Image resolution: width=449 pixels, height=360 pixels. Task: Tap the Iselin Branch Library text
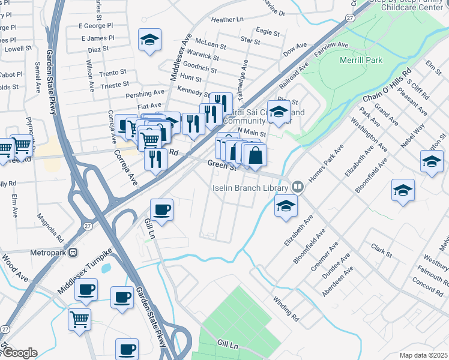(250, 187)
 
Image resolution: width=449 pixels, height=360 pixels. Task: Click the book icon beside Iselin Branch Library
(297, 187)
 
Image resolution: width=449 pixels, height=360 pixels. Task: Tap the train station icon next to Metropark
(73, 253)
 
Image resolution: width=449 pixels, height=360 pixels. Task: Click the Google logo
(19, 353)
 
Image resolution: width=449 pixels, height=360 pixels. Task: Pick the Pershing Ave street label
(145, 94)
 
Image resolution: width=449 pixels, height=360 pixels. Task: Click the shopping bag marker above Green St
(255, 155)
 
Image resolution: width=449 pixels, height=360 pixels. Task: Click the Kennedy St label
(193, 91)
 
